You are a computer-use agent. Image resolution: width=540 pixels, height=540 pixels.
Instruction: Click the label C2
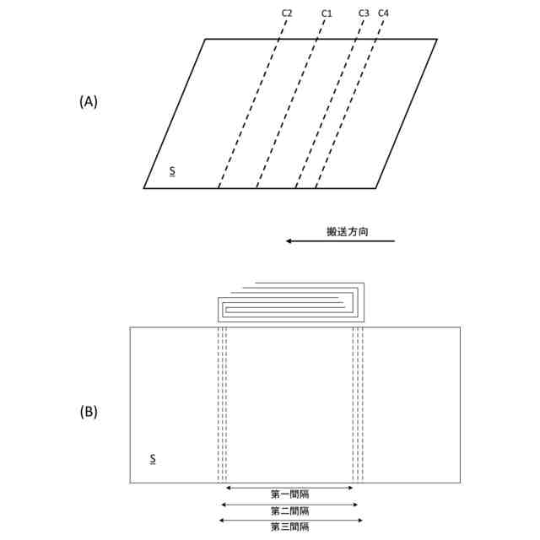pos(287,13)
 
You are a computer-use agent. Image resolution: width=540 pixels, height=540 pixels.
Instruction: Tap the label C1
pos(327,13)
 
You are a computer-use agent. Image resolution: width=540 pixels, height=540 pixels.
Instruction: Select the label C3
pos(364,13)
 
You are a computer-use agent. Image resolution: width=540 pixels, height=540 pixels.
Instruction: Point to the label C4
pos(384,13)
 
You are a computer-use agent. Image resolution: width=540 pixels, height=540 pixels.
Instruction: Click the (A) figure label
pos(89,101)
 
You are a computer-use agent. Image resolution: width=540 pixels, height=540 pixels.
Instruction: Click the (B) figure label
pos(89,413)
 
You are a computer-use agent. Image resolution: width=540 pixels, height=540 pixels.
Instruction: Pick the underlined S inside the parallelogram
pos(172,171)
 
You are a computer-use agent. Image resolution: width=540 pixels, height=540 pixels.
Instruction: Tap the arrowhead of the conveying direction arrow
pos(289,241)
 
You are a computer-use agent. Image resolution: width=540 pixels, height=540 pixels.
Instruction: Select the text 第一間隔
pos(289,495)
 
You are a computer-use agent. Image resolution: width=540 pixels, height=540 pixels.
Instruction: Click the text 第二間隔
pos(289,511)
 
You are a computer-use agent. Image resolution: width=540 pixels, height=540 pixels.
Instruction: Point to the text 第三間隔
pos(289,527)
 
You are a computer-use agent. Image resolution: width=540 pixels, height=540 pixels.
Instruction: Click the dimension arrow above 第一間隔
pos(289,488)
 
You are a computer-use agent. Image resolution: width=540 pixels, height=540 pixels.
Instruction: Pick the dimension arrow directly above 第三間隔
pos(289,520)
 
